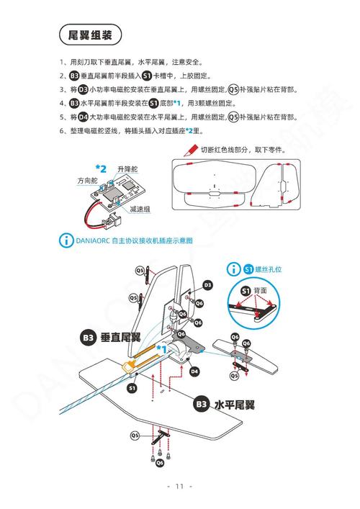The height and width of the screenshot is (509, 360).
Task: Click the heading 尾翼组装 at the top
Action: click(x=90, y=35)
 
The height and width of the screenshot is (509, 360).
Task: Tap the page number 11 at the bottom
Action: click(x=180, y=486)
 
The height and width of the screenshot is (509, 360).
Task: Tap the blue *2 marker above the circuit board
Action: click(x=101, y=168)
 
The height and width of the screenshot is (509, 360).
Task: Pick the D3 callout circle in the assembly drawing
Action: click(x=207, y=285)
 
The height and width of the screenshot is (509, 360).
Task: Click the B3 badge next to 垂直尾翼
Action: click(x=88, y=337)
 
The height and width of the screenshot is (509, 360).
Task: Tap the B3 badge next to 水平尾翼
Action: click(x=201, y=405)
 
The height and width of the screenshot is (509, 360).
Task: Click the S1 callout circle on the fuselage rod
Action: click(x=132, y=387)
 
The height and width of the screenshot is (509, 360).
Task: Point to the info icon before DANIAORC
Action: click(x=66, y=240)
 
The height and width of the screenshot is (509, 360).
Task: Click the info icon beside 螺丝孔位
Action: click(x=234, y=269)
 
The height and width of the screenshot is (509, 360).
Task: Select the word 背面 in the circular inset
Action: click(x=260, y=291)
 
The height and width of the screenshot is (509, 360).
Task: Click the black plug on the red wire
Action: click(x=112, y=215)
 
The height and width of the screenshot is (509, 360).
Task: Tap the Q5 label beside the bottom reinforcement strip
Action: click(x=135, y=435)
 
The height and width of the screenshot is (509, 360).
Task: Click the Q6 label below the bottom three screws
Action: click(x=160, y=463)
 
